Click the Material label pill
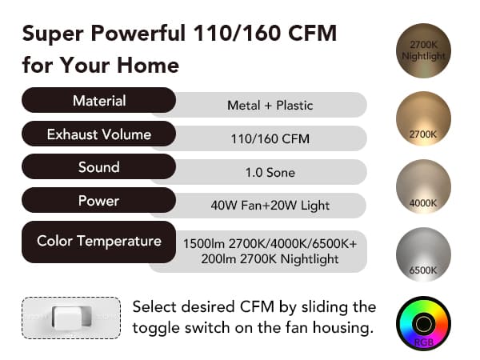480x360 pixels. pos(98,100)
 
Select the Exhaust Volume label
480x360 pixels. pos(98,134)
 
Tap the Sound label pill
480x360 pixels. pos(98,167)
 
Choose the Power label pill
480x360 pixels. pos(98,201)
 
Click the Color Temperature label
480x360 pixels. pos(98,242)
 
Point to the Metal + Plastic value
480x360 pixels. pos(270,106)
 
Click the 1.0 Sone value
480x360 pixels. pos(270,173)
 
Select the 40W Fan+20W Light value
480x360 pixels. pos(270,206)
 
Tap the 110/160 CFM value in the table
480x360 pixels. pos(270,139)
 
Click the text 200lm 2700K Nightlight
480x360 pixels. pos(270,259)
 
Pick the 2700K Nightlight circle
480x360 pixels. pos(423,50)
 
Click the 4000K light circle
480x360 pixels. pos(423,186)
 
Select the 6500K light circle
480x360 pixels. pos(423,254)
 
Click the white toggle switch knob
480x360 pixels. pos(72,318)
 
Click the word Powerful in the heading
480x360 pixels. pos(138,34)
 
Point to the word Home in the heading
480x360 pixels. pos(148,66)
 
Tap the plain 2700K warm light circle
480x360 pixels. pos(423,118)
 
